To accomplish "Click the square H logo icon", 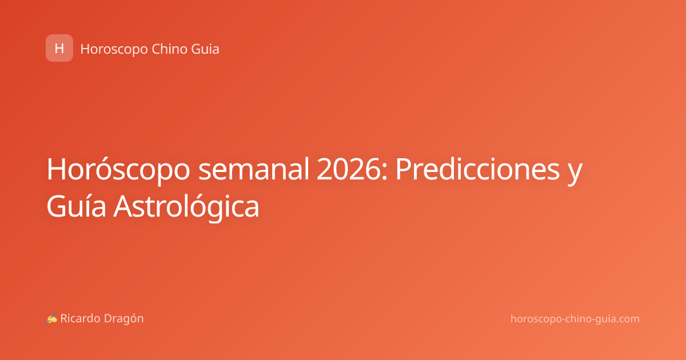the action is click(59, 48).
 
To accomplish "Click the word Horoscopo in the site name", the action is click(114, 49).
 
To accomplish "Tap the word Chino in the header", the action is click(170, 49).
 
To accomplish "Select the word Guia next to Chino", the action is click(205, 49).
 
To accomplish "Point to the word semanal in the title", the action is click(254, 169).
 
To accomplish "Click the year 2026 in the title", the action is click(349, 169).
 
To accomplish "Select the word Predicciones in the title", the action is click(477, 169).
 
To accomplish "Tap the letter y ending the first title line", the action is click(575, 174).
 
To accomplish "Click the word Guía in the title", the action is click(76, 206).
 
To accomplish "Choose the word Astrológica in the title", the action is click(186, 207).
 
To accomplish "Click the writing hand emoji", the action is click(52, 318).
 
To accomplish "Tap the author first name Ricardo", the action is click(80, 318).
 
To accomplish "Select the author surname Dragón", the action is click(123, 319).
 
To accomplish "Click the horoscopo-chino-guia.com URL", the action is click(575, 319).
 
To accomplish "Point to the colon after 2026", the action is click(385, 172).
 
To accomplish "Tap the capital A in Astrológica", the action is click(123, 206).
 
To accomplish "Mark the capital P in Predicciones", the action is click(405, 169).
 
